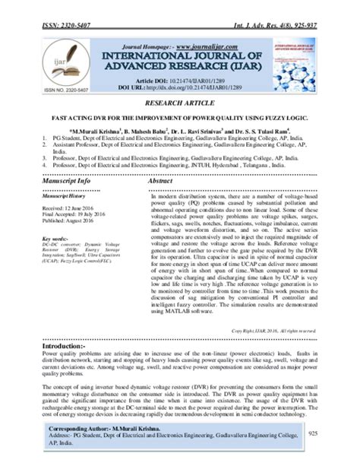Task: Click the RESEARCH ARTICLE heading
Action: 180,100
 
